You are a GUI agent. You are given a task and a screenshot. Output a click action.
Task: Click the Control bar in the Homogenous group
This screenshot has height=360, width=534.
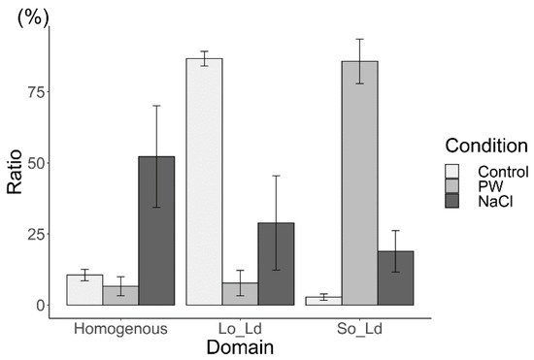tap(84, 290)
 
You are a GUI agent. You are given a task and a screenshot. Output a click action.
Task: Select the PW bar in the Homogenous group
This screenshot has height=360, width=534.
tap(120, 296)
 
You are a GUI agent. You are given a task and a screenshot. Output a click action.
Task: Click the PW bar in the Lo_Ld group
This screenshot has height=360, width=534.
tap(240, 294)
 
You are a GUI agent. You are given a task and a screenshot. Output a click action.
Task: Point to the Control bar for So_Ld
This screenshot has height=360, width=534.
tap(323, 301)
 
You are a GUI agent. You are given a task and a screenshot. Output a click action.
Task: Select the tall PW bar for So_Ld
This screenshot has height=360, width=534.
tap(360, 183)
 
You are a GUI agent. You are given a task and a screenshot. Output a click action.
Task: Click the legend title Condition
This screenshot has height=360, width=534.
tap(485, 147)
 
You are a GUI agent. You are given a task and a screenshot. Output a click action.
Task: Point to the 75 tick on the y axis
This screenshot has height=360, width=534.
tap(36, 92)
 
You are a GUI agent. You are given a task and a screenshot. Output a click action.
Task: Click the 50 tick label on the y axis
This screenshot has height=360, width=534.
tap(36, 163)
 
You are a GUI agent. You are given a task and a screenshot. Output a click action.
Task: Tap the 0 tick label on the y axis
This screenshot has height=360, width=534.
tap(41, 305)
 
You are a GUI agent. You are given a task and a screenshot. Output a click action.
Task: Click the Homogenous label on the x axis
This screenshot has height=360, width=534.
tap(120, 328)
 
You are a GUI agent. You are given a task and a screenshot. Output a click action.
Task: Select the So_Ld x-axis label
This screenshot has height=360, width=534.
tap(359, 328)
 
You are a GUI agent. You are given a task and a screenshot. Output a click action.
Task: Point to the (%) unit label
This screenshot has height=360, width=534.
tap(36, 15)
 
